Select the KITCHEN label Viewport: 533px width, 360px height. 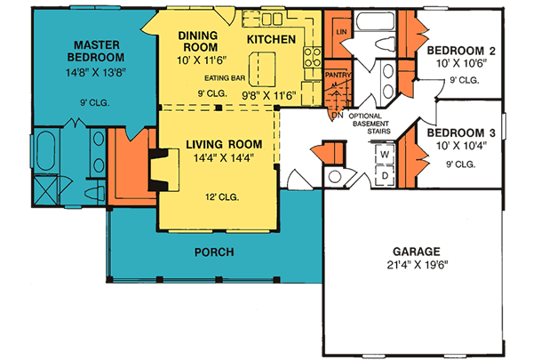(271, 39)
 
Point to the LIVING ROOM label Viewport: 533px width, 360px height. (223, 143)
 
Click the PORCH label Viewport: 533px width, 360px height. (215, 252)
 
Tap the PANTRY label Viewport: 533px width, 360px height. (338, 76)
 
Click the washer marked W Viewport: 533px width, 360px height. (385, 154)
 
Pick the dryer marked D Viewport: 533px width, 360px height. (385, 174)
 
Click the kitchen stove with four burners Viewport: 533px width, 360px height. (313, 58)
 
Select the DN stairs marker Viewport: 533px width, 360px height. (336, 115)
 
